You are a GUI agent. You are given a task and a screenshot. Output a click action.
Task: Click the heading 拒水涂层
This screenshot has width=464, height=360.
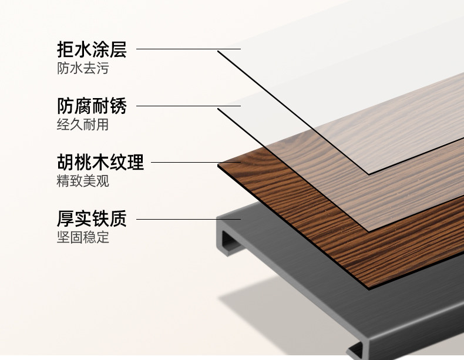tap(92, 49)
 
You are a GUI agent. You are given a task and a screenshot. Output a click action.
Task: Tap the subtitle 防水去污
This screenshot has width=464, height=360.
tap(82, 69)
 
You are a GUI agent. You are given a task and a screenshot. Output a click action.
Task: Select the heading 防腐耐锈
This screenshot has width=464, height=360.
tap(92, 106)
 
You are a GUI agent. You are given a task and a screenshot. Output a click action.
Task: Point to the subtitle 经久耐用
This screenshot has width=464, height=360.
tap(82, 126)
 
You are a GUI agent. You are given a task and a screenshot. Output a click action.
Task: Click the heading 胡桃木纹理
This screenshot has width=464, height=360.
tap(100, 162)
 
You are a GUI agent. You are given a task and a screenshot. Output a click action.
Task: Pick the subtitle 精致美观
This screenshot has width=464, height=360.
tap(82, 181)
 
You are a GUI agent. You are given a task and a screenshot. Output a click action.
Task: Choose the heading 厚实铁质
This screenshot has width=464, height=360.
tap(92, 218)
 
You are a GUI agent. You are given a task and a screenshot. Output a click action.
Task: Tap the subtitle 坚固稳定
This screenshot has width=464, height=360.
tap(82, 238)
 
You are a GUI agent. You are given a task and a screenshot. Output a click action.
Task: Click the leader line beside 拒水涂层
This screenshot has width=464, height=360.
tap(188, 49)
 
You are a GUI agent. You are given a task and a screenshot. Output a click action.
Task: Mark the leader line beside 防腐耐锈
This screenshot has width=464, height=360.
tap(188, 106)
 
